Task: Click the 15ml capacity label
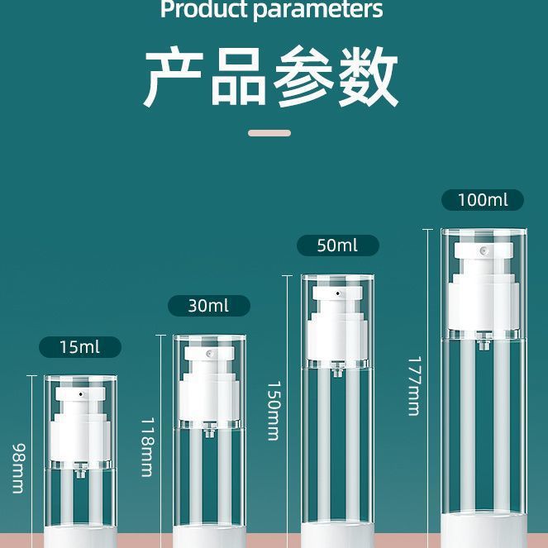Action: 79,347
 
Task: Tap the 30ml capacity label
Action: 208,306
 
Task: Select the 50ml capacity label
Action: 337,245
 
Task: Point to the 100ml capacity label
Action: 483,200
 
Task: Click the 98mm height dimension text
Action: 17,469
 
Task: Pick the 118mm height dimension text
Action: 146,446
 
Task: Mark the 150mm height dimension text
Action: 274,411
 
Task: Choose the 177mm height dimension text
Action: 414,386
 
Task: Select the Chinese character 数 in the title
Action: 368,79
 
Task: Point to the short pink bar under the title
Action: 269,132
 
